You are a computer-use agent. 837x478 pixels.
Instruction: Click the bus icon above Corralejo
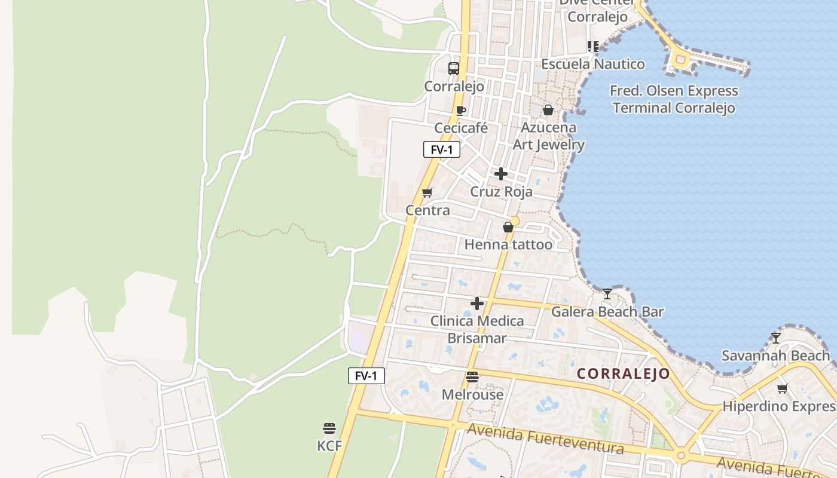454,68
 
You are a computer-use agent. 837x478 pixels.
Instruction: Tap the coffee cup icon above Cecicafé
460,111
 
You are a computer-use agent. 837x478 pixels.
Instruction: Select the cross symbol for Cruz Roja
501,174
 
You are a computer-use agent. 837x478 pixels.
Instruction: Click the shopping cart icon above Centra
427,192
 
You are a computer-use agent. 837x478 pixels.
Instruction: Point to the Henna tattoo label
508,244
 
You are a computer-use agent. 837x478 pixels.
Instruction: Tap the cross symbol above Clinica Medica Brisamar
477,304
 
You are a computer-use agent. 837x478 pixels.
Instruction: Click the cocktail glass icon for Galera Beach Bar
607,293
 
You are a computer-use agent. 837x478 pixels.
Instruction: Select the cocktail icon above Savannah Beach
776,338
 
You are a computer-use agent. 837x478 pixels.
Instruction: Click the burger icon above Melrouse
472,377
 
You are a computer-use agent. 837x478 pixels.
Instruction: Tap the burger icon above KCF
329,428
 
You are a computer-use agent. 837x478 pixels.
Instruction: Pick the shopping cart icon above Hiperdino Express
782,389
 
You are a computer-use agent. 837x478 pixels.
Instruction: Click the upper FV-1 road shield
441,149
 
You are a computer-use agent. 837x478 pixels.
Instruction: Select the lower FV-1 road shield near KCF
366,376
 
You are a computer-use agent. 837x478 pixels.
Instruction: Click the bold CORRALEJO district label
624,374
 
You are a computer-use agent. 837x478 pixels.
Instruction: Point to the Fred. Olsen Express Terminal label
674,99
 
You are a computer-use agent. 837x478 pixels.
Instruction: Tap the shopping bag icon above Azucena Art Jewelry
548,110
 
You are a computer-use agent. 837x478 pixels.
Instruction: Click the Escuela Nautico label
593,64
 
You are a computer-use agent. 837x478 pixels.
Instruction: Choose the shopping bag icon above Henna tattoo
508,227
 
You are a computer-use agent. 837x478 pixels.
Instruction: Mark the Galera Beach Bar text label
607,311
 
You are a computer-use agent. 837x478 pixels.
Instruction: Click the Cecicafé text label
461,128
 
